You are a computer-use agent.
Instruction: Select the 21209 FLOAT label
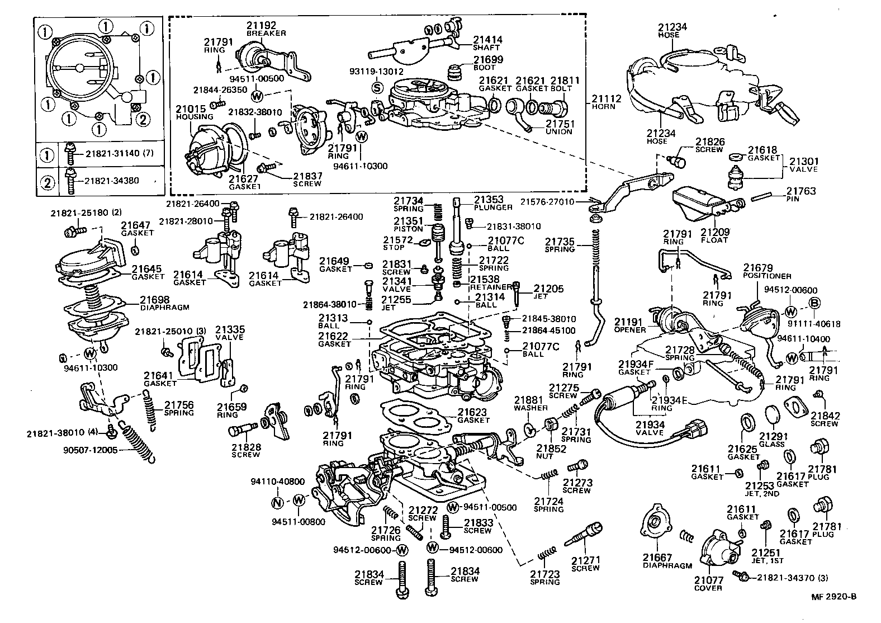point(714,235)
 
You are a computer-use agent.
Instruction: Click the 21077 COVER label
point(708,584)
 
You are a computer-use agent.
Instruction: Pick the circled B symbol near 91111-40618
point(814,303)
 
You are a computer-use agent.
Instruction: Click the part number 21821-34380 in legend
point(111,181)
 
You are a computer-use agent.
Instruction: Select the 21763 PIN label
point(801,194)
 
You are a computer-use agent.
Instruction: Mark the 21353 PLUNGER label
point(492,202)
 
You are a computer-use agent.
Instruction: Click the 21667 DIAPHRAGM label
point(666,561)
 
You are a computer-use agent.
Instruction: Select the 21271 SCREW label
point(585,564)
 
